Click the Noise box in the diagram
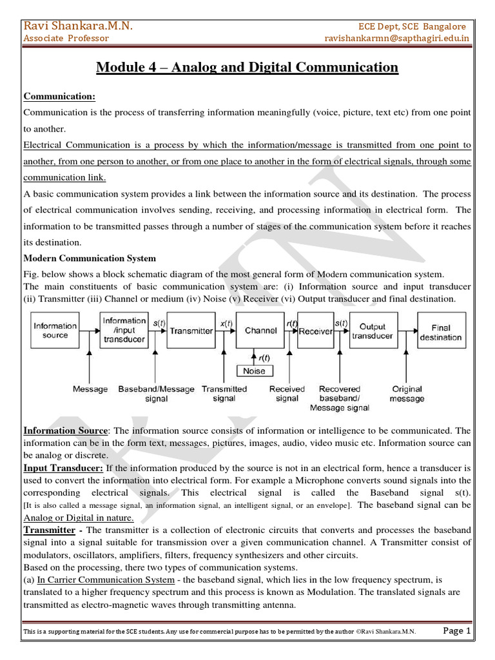pyautogui.click(x=255, y=371)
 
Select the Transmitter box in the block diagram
pyautogui.click(x=191, y=331)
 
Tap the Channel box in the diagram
pyautogui.click(x=260, y=331)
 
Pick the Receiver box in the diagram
pyautogui.click(x=316, y=331)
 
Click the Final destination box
pyautogui.click(x=441, y=331)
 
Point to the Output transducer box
pyautogui.click(x=373, y=331)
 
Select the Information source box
pyautogui.click(x=55, y=331)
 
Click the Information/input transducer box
pyautogui.click(x=124, y=331)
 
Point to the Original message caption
pyautogui.click(x=407, y=394)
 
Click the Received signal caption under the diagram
pyautogui.click(x=287, y=394)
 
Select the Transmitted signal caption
pyautogui.click(x=224, y=394)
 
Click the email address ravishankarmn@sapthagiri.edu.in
pyautogui.click(x=397, y=38)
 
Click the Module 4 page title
pyautogui.click(x=247, y=67)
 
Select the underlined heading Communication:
pyautogui.click(x=59, y=96)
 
